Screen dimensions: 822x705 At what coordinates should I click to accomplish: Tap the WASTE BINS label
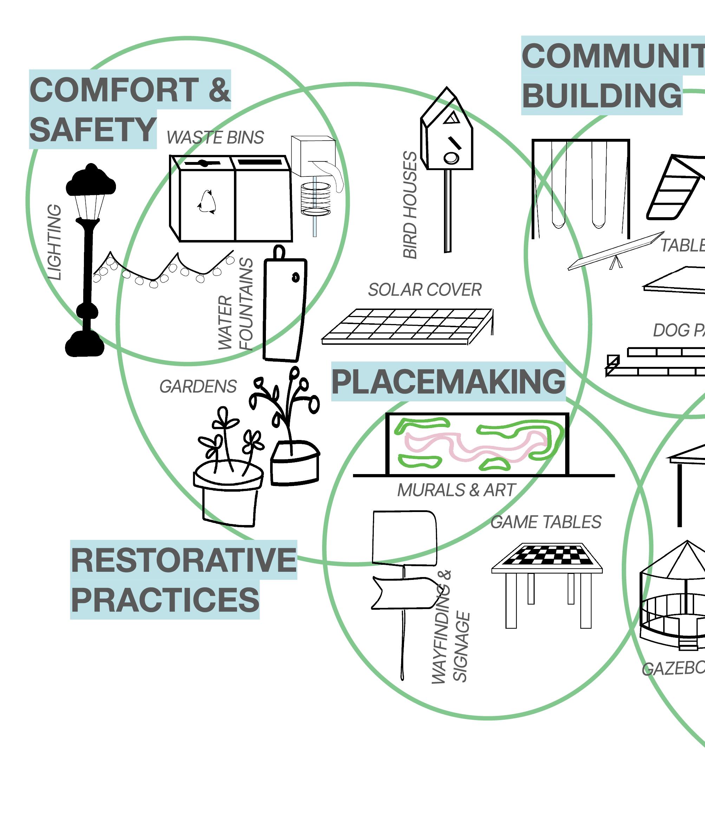point(215,137)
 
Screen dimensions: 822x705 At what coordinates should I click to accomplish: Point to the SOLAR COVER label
point(425,290)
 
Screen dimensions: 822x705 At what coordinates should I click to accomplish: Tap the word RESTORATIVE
point(184,560)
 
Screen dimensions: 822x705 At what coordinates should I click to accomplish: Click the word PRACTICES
point(165,600)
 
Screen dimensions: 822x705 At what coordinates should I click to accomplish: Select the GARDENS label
point(198,387)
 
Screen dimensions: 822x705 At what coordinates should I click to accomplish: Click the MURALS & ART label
point(456,490)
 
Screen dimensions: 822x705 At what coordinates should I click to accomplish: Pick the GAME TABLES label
point(546,522)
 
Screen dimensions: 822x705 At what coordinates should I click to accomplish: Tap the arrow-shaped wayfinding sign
point(406,593)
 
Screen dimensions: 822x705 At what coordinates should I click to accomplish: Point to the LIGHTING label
point(55,242)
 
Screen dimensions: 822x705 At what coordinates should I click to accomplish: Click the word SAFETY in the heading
point(93,129)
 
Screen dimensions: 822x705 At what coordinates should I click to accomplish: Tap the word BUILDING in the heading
point(601,96)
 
